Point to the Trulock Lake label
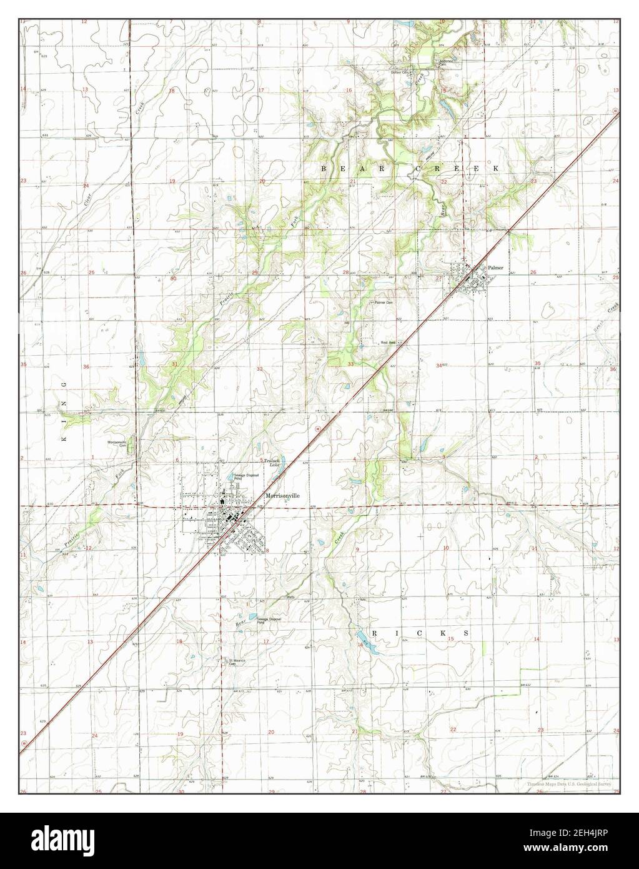click(x=272, y=462)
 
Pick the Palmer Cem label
click(x=384, y=303)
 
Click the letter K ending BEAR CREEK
click(x=496, y=169)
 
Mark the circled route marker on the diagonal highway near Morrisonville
click(x=317, y=429)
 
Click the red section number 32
click(x=259, y=369)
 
